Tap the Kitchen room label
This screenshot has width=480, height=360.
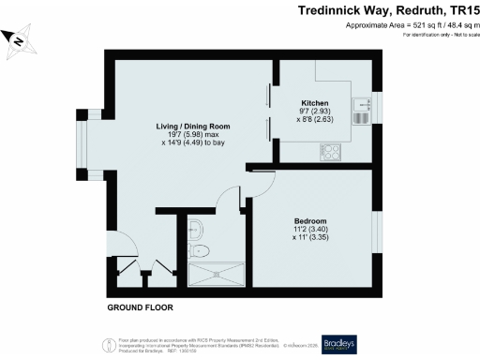pos(313,103)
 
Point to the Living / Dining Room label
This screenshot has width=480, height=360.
pos(193,126)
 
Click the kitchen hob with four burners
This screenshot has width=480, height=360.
pos(331,150)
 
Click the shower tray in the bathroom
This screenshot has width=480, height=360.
pos(215,275)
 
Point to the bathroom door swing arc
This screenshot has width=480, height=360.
pos(229,199)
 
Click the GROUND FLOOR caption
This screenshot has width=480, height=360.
pos(141,307)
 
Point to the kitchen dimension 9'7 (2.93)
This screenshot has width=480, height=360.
pos(312,112)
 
